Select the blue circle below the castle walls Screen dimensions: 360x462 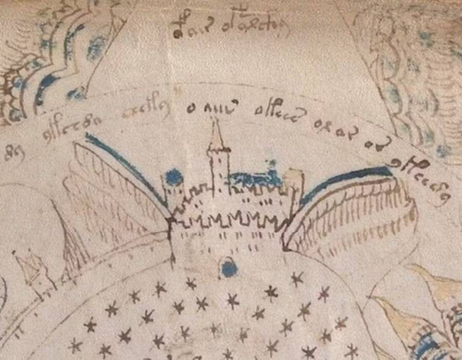point(228,267)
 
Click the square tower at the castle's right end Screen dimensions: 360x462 point(294,190)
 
